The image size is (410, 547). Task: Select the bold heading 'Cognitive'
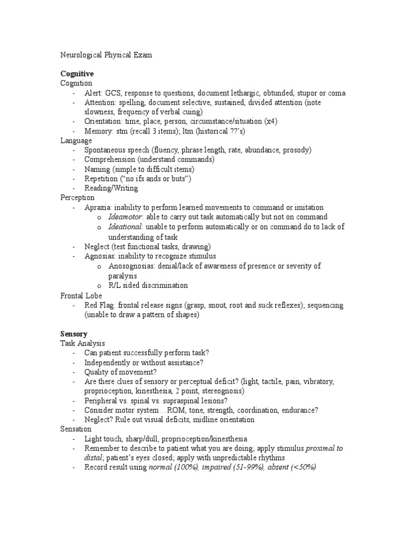tap(77, 74)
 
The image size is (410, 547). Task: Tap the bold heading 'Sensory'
tap(74, 334)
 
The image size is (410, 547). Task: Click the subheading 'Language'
tap(76, 140)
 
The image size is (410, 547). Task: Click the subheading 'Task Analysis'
tap(82, 343)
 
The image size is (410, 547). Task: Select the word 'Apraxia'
tap(98, 207)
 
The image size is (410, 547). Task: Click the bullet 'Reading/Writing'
tap(111, 188)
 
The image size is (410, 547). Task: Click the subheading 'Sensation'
tap(76, 429)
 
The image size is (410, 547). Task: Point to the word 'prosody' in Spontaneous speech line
tap(297, 150)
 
